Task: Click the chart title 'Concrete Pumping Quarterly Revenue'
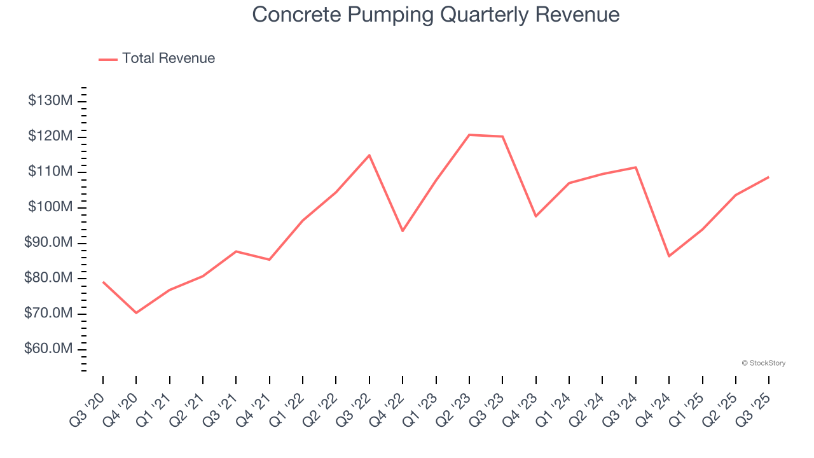pyautogui.click(x=436, y=15)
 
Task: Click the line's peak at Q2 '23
pyautogui.click(x=469, y=135)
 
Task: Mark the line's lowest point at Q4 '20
pyautogui.click(x=136, y=313)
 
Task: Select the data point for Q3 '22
pyautogui.click(x=369, y=155)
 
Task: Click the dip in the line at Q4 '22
pyautogui.click(x=403, y=231)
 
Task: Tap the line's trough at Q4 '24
pyautogui.click(x=669, y=256)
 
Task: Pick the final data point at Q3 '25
pyautogui.click(x=769, y=177)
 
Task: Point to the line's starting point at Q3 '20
pyautogui.click(x=103, y=282)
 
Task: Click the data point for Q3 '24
pyautogui.click(x=636, y=167)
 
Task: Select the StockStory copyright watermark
pyautogui.click(x=763, y=363)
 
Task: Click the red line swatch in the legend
pyautogui.click(x=108, y=59)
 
